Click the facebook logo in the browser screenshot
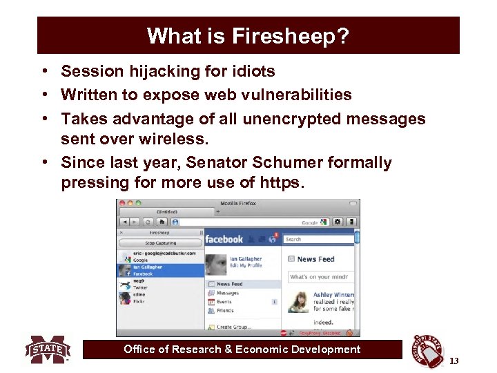224,239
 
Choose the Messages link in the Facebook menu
227,293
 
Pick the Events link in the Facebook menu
224,302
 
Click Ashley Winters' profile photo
299,302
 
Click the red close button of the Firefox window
121,204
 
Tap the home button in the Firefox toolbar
162,222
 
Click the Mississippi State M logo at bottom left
48,350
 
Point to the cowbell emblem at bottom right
427,351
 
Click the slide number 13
454,361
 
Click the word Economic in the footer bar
267,350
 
